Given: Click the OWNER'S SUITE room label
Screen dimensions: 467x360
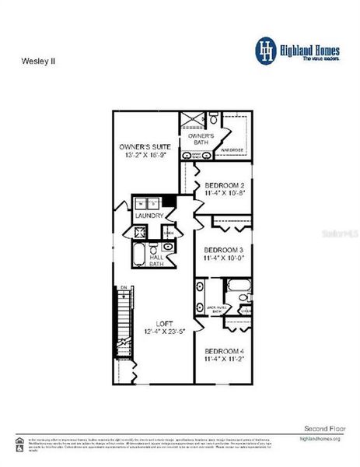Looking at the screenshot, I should [145, 146].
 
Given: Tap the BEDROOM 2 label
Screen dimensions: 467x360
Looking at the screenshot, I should [225, 185].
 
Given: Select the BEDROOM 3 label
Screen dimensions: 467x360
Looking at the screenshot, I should [225, 250].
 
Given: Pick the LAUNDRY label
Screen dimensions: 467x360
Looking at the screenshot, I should [149, 216].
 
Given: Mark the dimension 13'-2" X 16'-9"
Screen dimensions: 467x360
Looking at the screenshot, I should [145, 155].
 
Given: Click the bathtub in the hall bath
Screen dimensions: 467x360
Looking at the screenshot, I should [139, 257].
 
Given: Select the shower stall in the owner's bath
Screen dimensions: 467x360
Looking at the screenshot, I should [190, 120].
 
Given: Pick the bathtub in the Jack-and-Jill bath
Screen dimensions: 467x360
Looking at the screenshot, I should [201, 297].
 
